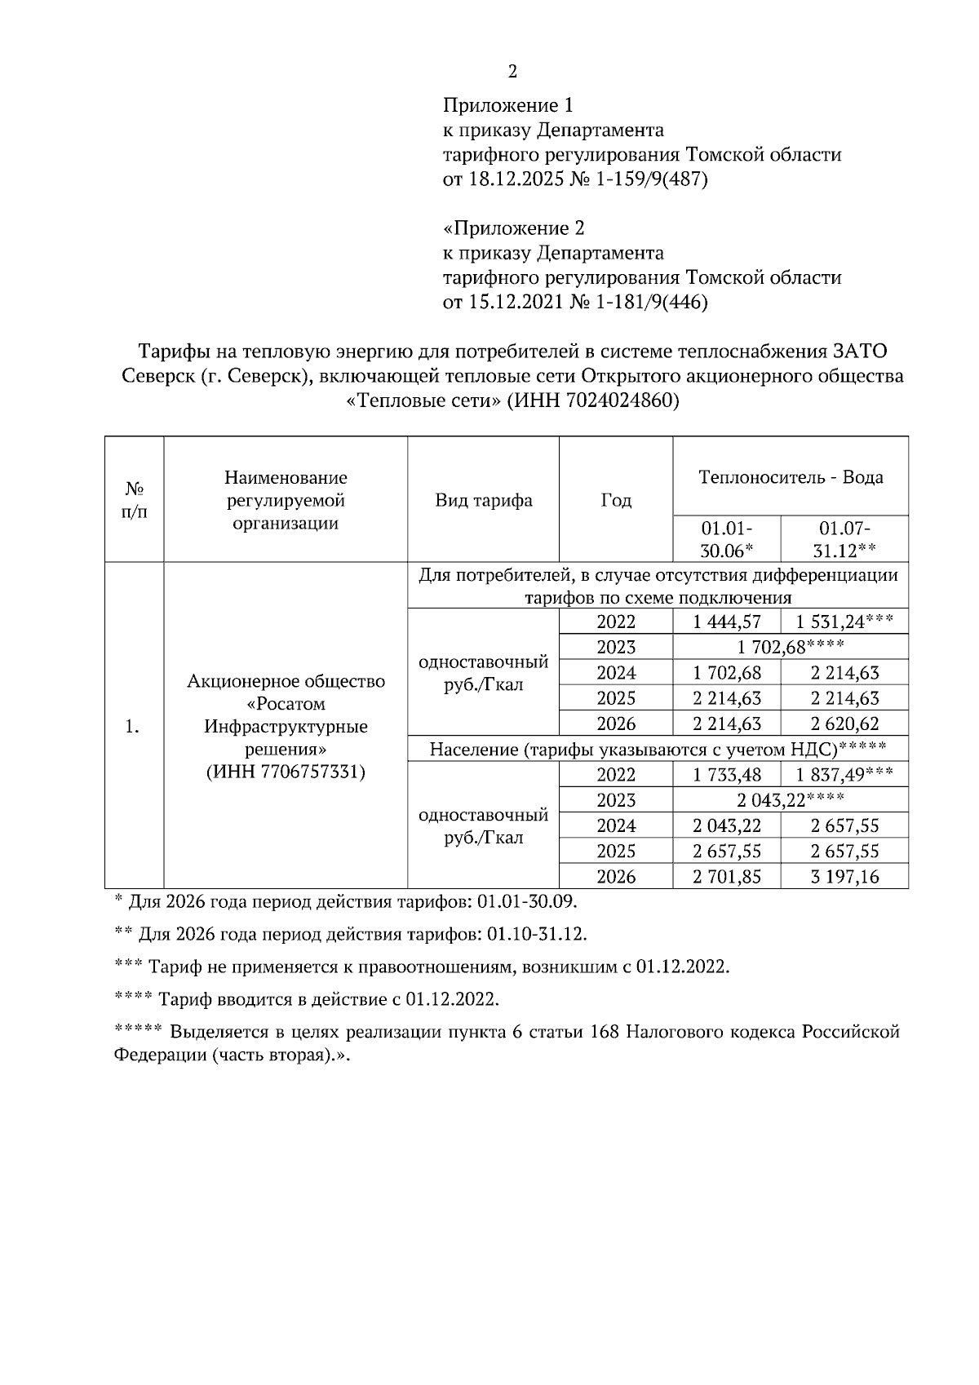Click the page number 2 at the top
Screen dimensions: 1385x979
pyautogui.click(x=512, y=72)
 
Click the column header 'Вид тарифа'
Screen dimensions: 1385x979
pyautogui.click(x=483, y=500)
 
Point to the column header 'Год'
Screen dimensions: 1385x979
pyautogui.click(x=616, y=500)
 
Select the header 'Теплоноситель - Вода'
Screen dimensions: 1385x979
pyautogui.click(x=791, y=477)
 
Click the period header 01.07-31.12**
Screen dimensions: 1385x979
pyautogui.click(x=844, y=538)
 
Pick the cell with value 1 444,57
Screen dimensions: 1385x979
pyautogui.click(x=727, y=622)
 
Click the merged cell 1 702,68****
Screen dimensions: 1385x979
pyautogui.click(x=790, y=648)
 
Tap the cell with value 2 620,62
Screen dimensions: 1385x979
pyautogui.click(x=844, y=723)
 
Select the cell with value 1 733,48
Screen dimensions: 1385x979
pyautogui.click(x=727, y=775)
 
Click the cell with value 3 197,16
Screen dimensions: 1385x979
pyautogui.click(x=844, y=877)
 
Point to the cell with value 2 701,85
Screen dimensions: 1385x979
pyautogui.click(x=727, y=877)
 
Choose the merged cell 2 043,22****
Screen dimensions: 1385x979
pyautogui.click(x=790, y=800)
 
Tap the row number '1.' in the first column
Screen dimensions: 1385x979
pyautogui.click(x=133, y=726)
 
